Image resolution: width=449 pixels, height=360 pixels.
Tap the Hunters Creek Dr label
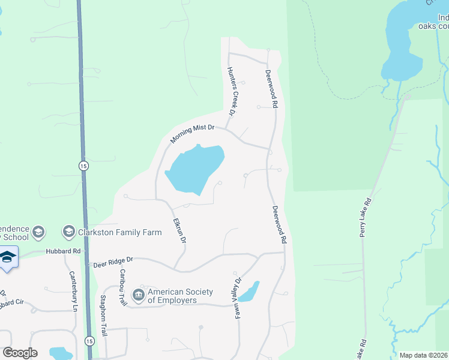tap(230, 91)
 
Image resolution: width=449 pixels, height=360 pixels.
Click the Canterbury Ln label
tap(73, 293)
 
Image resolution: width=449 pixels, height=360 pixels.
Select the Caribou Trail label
tap(122, 287)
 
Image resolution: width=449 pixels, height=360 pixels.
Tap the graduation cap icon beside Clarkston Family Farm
tap(69, 232)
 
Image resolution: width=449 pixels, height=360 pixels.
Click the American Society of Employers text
tap(180, 296)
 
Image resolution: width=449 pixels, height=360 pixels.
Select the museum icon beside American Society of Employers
tap(139, 295)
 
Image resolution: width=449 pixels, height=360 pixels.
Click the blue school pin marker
tap(7, 257)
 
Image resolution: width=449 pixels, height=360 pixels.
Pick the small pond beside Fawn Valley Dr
tap(250, 292)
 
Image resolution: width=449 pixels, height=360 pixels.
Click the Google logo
tap(20, 353)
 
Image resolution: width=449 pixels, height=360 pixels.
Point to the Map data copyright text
tap(423, 355)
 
